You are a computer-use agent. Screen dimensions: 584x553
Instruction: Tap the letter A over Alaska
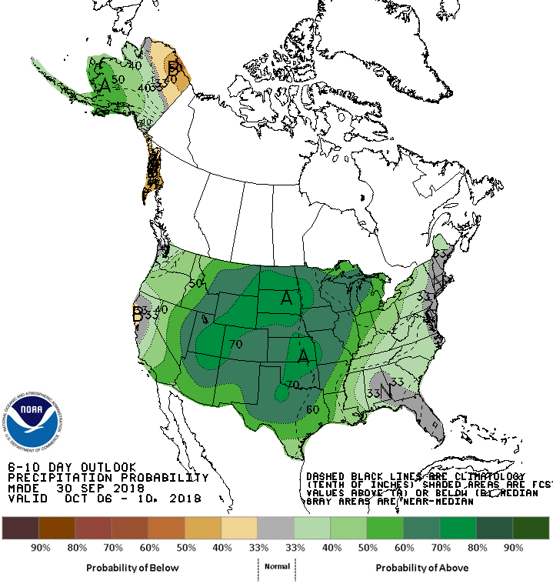click(x=105, y=85)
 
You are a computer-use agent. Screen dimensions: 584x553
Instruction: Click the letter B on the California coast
click(x=138, y=313)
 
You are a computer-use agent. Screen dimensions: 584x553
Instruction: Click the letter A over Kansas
click(x=305, y=355)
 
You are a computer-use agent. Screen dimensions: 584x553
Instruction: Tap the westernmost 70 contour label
click(x=235, y=345)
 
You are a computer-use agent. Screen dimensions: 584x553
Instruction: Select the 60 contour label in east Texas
click(x=313, y=409)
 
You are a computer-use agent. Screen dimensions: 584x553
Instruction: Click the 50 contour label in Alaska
click(x=118, y=79)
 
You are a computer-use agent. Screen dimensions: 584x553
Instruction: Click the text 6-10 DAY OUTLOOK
click(x=72, y=467)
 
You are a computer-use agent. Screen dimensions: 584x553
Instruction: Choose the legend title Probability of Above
click(x=422, y=568)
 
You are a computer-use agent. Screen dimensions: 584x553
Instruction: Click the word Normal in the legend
click(x=277, y=566)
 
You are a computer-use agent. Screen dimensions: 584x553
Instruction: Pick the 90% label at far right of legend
click(x=513, y=548)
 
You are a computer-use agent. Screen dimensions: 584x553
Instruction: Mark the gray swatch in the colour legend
click(x=276, y=528)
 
